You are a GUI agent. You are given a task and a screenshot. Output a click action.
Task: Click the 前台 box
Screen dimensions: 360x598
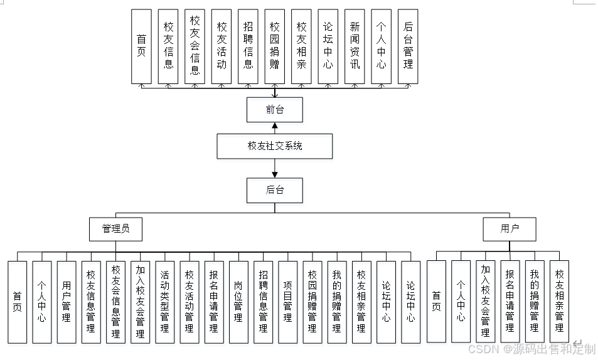point(275,109)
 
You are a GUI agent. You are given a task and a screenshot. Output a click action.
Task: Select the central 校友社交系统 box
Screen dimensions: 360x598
point(275,146)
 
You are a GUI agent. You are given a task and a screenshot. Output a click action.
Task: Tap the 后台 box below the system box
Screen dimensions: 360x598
point(275,190)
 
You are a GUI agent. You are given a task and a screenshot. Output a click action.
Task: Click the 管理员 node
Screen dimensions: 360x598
point(116,229)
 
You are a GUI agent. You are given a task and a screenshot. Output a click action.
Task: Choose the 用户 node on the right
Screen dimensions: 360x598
point(510,229)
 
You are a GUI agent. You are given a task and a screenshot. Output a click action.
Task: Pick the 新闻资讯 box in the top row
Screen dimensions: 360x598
point(355,46)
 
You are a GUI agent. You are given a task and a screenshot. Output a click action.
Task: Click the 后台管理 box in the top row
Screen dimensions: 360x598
point(408,46)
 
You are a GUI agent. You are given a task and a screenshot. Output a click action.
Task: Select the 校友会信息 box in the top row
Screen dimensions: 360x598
point(195,46)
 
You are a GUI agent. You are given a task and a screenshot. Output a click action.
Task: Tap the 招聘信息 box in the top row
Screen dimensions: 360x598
point(248,46)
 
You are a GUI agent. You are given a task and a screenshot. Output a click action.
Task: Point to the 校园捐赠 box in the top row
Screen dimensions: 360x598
point(274,46)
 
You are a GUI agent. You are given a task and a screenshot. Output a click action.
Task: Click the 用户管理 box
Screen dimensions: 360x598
point(67,302)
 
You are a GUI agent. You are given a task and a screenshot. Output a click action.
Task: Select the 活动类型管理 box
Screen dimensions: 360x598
point(165,302)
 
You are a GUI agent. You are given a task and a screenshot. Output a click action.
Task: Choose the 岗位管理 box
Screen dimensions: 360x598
point(238,302)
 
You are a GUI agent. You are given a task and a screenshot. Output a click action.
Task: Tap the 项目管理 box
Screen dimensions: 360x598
point(287,302)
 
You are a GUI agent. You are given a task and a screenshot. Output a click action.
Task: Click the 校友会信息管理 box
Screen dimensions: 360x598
point(115,302)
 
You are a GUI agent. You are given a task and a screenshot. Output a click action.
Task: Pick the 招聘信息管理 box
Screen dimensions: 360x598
point(263,302)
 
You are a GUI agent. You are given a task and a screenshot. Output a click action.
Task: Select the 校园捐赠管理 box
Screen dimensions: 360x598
point(312,302)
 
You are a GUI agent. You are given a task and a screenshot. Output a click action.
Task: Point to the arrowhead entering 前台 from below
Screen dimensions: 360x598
point(275,125)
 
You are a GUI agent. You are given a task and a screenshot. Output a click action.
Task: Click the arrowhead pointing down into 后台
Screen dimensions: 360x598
point(275,174)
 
